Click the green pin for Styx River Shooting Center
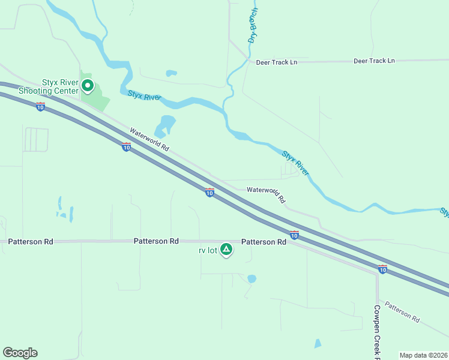pyautogui.click(x=87, y=86)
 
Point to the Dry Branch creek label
pyautogui.click(x=253, y=25)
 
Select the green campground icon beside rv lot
pyautogui.click(x=226, y=249)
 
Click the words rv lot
pyautogui.click(x=208, y=250)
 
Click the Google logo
pyautogui.click(x=20, y=353)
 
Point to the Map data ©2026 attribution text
pyautogui.click(x=424, y=355)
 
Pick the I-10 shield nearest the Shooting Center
pyautogui.click(x=40, y=107)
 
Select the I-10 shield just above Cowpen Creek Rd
pyautogui.click(x=382, y=269)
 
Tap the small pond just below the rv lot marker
pyautogui.click(x=252, y=278)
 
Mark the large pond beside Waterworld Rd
pyautogui.click(x=164, y=127)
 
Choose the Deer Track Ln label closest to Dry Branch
pyautogui.click(x=277, y=62)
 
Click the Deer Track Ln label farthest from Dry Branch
pyautogui.click(x=374, y=61)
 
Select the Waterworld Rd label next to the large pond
pyautogui.click(x=149, y=140)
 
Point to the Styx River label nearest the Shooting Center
pyautogui.click(x=144, y=96)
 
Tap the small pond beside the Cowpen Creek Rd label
pyautogui.click(x=318, y=344)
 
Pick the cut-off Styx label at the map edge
pyautogui.click(x=445, y=212)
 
